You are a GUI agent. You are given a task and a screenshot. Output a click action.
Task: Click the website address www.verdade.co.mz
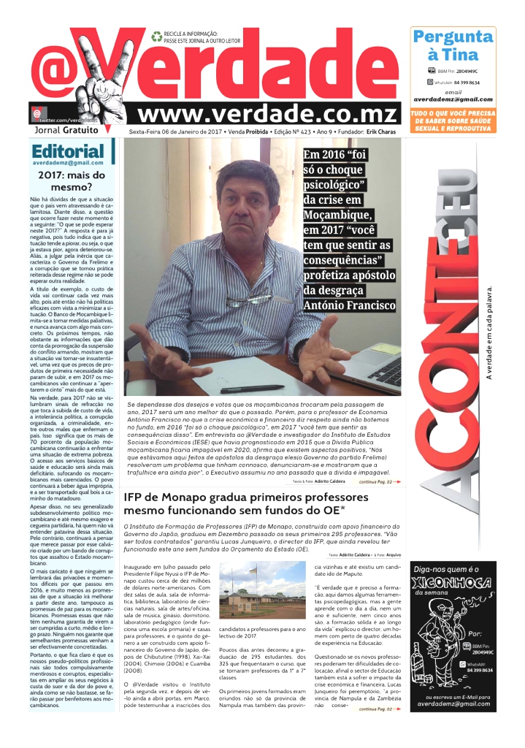pyautogui.click(x=267, y=113)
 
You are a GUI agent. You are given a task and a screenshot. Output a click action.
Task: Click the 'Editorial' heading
pyautogui.click(x=68, y=151)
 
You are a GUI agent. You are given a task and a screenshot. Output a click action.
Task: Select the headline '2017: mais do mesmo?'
pyautogui.click(x=72, y=180)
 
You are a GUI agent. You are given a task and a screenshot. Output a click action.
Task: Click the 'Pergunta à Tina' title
pyautogui.click(x=453, y=45)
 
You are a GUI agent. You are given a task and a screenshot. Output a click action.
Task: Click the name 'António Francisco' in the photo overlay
pyautogui.click(x=350, y=305)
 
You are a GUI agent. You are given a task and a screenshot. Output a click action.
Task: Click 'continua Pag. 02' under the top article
pyautogui.click(x=380, y=462)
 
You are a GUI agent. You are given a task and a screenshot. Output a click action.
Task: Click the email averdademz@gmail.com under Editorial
pyautogui.click(x=69, y=164)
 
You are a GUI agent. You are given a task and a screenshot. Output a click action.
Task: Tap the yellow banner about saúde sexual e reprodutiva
pyautogui.click(x=453, y=121)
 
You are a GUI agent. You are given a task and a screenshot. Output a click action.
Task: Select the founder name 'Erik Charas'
pyautogui.click(x=382, y=132)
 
